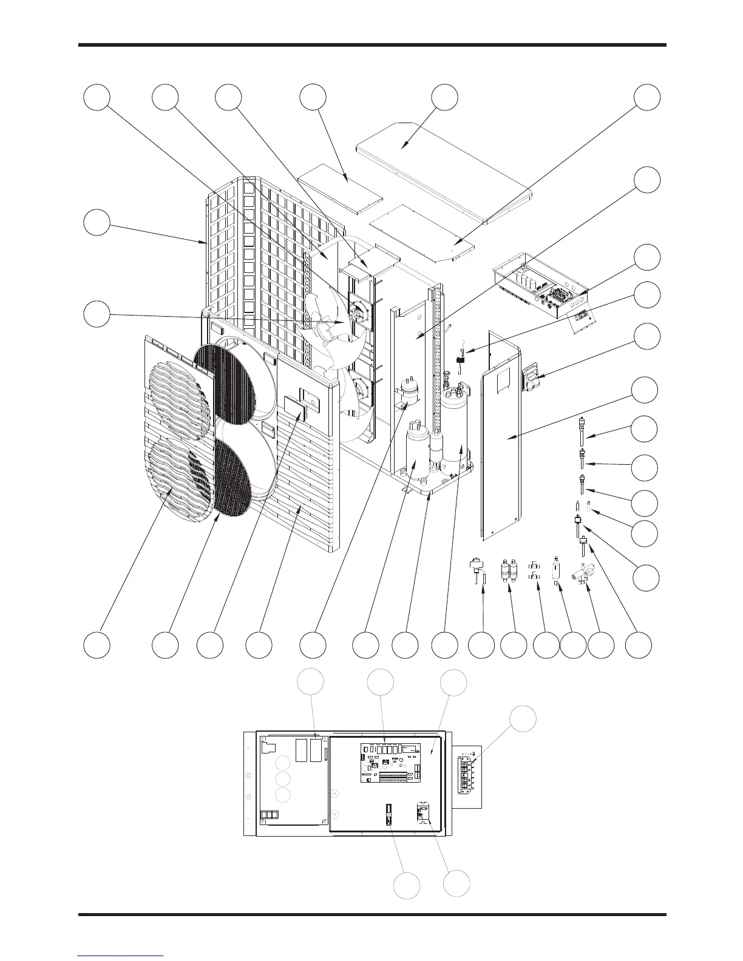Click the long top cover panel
[443, 170]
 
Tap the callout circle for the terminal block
[523, 719]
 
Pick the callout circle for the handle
[646, 337]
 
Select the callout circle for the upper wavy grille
[97, 645]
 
